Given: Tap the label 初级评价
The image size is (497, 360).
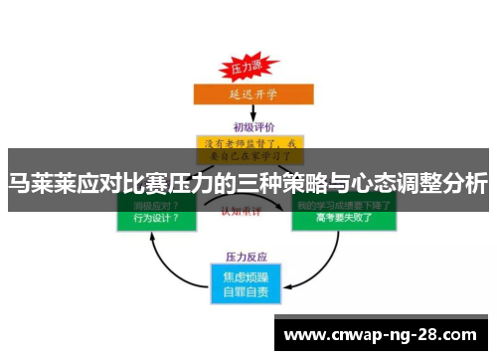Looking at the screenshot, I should pos(252,126).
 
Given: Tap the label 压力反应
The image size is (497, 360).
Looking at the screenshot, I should pos(248,256).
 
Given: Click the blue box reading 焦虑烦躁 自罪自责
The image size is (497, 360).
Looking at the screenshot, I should pos(248,282).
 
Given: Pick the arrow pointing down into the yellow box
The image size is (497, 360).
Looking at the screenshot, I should pos(248,118).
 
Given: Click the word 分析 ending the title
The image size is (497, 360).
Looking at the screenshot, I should pos(465,183).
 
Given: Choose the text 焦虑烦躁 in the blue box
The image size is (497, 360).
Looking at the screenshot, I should pos(248,275).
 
